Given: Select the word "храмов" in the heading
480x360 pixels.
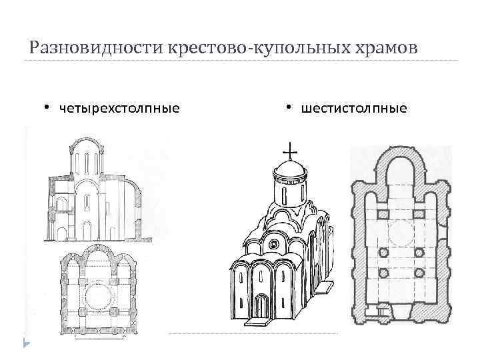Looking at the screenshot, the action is click(x=382, y=49).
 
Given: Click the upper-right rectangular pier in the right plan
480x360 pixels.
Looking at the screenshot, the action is click(x=420, y=215).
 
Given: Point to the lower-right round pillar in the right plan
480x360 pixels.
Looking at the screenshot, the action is click(x=420, y=274).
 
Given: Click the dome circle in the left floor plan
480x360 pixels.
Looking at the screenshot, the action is click(x=98, y=293).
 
